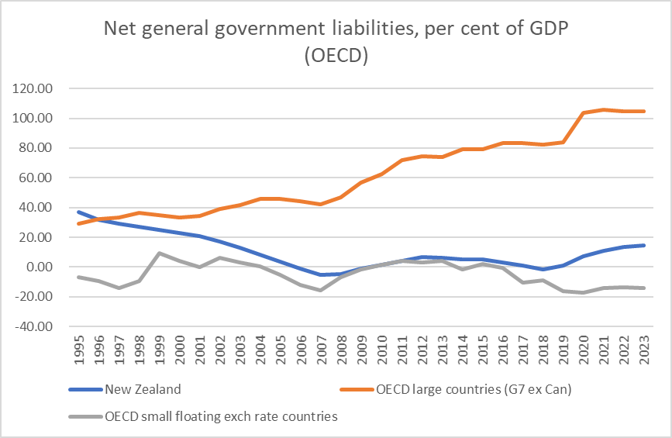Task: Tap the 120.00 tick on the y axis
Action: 32,88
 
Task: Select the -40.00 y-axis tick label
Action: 33,326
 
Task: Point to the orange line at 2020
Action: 581,113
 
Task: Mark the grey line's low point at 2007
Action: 320,290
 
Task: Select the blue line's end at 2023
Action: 642,246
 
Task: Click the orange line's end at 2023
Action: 642,111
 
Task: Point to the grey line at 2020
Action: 581,292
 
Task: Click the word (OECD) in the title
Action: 335,58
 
